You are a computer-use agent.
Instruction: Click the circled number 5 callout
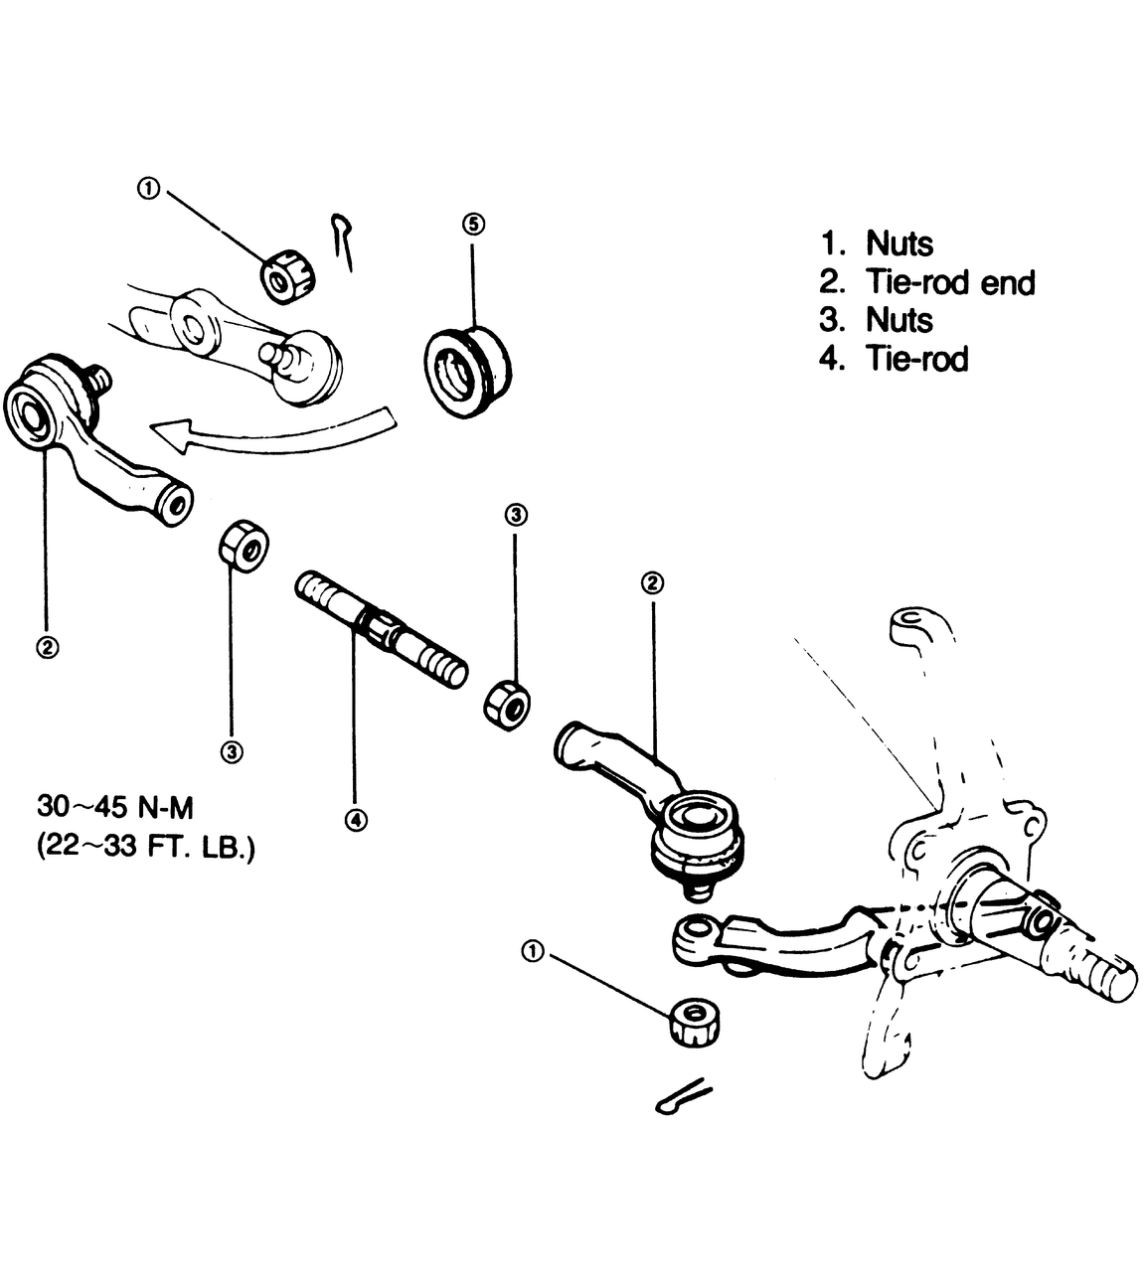[x=473, y=225]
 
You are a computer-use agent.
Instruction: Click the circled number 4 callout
[x=356, y=820]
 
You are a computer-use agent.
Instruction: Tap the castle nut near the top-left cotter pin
[x=288, y=276]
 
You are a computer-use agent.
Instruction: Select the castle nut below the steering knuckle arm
[x=695, y=1022]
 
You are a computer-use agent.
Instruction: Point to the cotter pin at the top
[x=343, y=241]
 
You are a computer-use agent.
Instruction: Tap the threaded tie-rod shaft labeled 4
[x=382, y=629]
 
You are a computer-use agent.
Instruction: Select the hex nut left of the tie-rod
[x=244, y=546]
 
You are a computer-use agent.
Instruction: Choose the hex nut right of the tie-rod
[x=507, y=705]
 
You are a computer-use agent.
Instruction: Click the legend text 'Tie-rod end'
[x=950, y=282]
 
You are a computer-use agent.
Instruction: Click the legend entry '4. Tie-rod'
[x=894, y=359]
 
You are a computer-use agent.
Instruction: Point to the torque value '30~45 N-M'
[x=115, y=807]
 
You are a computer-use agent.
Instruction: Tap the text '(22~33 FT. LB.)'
[x=145, y=848]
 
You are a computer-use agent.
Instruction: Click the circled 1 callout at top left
[x=149, y=189]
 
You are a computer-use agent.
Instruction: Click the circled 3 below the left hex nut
[x=232, y=752]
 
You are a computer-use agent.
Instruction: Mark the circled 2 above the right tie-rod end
[x=653, y=583]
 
